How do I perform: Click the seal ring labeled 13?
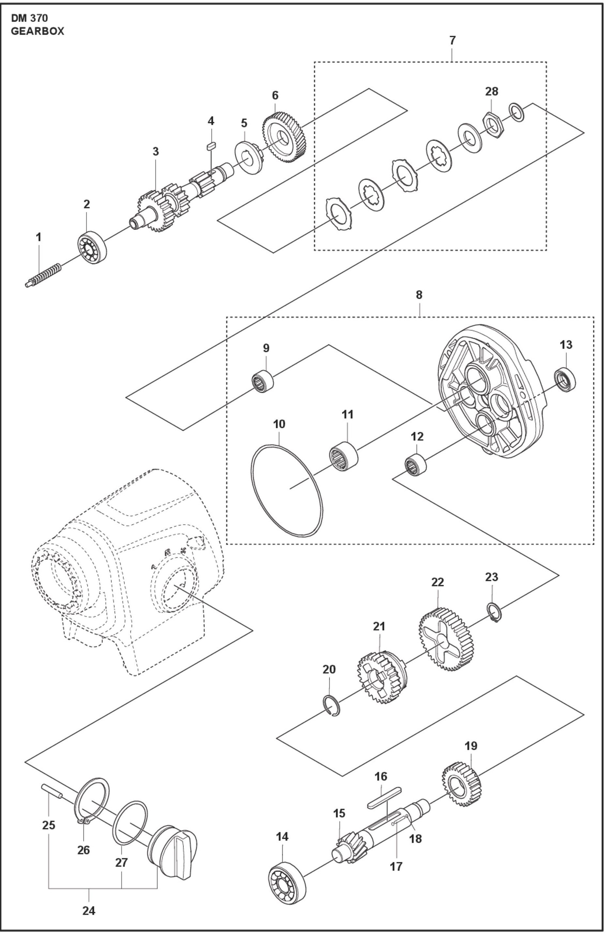pos(565,379)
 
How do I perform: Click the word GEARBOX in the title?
pos(37,31)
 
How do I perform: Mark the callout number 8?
pos(419,295)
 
